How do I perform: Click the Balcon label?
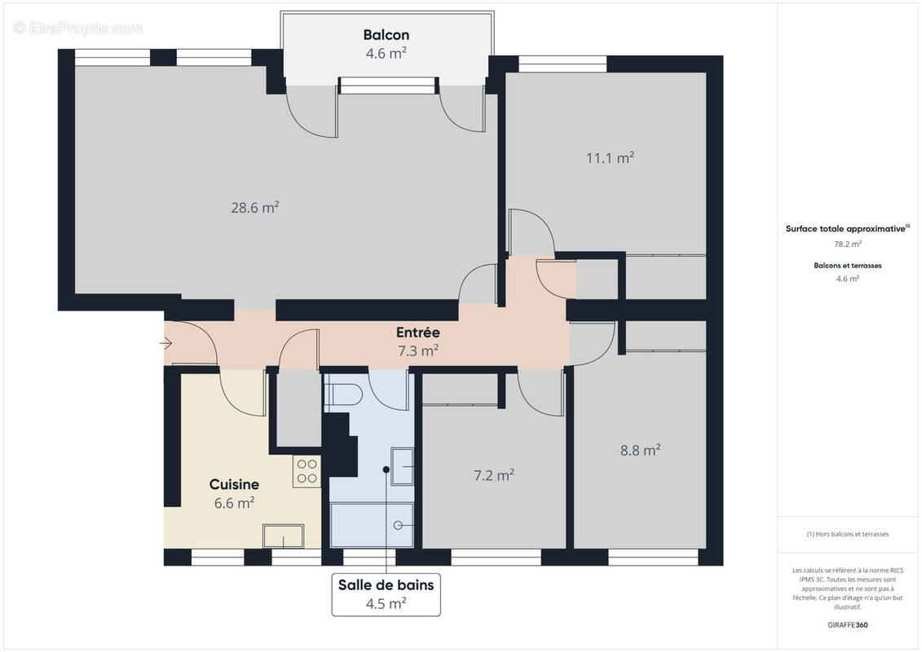coord(386,35)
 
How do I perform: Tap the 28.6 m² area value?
coord(254,207)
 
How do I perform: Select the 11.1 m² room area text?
coord(610,158)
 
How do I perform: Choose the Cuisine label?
coord(234,484)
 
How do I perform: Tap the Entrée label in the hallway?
coord(417,333)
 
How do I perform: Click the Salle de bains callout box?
coord(386,593)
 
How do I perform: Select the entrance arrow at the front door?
coord(165,343)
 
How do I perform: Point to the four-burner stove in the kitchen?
coord(307,472)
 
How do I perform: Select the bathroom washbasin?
coord(402,465)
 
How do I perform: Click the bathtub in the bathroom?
coord(372,526)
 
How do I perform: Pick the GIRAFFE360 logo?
coord(849,623)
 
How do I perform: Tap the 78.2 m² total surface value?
coord(848,243)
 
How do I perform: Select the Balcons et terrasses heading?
coord(848,265)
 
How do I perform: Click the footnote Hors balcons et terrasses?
coord(848,534)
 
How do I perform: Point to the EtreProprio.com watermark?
coord(78,29)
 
